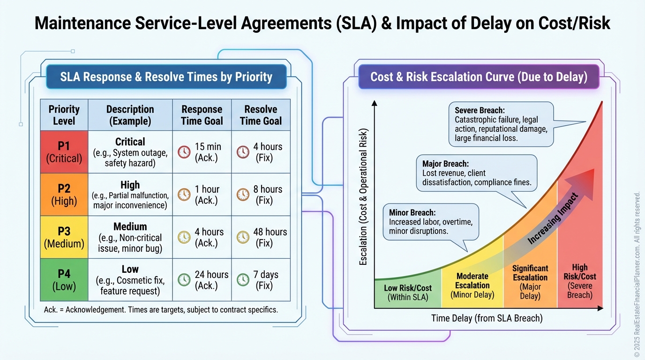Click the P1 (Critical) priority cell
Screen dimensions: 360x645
point(64,152)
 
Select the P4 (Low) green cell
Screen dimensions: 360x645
point(64,279)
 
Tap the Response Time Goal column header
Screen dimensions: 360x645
point(202,115)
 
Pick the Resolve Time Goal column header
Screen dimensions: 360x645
point(261,115)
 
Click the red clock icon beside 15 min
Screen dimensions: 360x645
point(184,152)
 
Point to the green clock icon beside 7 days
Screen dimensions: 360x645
point(243,280)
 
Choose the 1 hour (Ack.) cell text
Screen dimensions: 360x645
point(207,195)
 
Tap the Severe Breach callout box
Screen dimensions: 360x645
point(501,124)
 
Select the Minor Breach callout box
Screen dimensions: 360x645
point(431,222)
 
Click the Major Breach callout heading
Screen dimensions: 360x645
point(445,164)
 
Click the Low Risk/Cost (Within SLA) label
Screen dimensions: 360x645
point(408,292)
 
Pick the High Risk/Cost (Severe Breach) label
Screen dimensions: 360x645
point(580,281)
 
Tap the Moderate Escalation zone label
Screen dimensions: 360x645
point(472,285)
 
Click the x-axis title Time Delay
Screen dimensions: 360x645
point(487,318)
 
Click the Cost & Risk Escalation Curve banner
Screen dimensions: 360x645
point(479,77)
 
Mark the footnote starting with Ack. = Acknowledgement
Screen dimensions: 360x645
point(160,310)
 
